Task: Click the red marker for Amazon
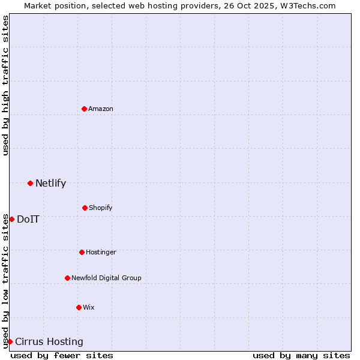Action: tap(84, 109)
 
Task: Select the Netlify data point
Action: tap(30, 183)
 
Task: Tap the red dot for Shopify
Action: tap(85, 208)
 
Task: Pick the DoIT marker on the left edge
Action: tap(11, 219)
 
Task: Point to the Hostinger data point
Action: tap(82, 252)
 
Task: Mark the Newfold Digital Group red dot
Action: tap(67, 278)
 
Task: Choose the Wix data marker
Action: tap(79, 307)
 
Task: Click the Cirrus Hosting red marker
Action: tap(10, 341)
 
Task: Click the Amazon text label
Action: tap(101, 109)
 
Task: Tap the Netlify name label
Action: tap(50, 183)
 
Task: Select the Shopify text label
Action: tap(101, 208)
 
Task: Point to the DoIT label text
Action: tap(28, 219)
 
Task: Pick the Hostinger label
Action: tap(101, 252)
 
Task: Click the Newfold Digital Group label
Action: tap(106, 278)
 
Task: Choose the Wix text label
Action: tap(89, 307)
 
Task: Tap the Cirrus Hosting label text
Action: tap(49, 341)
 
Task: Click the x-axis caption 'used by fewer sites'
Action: tap(62, 355)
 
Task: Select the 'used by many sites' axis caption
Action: tap(301, 355)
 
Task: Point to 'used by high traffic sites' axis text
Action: tap(5, 85)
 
